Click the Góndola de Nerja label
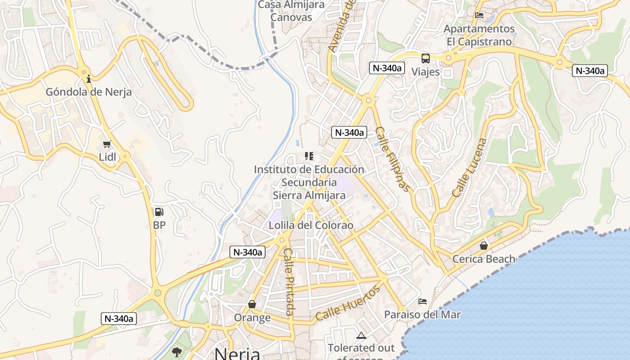coord(89,92)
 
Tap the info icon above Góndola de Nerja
coord(89,79)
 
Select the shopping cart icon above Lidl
coord(107,144)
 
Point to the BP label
coord(159,225)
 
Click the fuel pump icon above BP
coord(159,212)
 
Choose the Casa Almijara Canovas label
coord(291,11)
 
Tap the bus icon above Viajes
coord(425,58)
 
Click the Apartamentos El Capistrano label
coord(479,35)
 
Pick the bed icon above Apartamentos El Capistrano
coord(479,15)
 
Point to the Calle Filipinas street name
coord(393,159)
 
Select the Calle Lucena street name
coord(470,168)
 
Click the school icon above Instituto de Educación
coord(309,156)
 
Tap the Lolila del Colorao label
coord(311,225)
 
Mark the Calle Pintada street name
coord(289,282)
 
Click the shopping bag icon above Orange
coord(252,305)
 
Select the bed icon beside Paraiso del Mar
coord(423,301)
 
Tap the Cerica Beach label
coord(484,259)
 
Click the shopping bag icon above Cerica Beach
coord(484,246)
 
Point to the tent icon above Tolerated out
coord(361,335)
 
